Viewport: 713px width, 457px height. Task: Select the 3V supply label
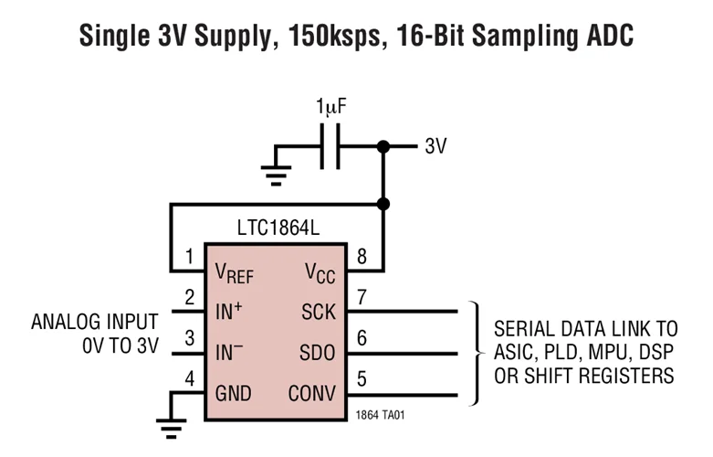coord(435,146)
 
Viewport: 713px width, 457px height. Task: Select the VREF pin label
coord(234,271)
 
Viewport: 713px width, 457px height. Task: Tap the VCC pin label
coord(318,271)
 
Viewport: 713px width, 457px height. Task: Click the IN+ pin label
coord(229,312)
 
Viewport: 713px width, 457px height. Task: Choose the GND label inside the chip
coord(233,394)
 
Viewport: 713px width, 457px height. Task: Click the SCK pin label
coord(318,312)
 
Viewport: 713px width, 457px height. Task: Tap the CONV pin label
coord(311,394)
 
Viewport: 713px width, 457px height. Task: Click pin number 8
coord(362,257)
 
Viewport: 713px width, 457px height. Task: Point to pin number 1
coord(189,257)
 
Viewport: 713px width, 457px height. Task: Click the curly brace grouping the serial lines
coord(476,353)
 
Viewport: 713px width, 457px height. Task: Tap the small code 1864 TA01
coord(381,416)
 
